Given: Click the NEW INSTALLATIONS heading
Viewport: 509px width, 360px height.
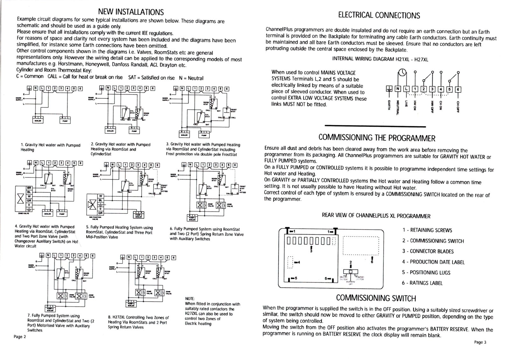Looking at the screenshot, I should click(131, 12).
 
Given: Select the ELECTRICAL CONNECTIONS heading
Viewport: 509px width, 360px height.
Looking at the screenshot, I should click(379, 15).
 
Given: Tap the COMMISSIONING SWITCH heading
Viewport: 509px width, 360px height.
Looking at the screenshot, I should click(376, 298).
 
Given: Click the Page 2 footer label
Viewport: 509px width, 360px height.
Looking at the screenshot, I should click(20, 337).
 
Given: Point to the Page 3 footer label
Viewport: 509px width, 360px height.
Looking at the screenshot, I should click(480, 342).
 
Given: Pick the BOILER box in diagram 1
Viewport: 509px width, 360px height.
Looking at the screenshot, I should click(36, 120).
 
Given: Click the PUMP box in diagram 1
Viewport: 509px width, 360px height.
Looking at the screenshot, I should click(65, 120).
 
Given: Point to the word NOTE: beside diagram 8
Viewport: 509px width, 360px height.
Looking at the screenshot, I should click(190, 299).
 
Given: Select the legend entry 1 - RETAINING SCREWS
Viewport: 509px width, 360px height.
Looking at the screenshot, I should click(427, 230).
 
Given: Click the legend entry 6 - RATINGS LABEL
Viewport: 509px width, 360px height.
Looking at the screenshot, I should click(422, 283).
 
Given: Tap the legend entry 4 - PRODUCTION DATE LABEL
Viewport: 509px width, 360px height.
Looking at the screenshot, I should click(433, 262).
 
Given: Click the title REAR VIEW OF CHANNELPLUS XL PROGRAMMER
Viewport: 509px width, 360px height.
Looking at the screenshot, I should click(376, 216).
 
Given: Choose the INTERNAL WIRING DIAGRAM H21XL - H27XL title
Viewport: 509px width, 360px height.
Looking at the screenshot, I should click(380, 59).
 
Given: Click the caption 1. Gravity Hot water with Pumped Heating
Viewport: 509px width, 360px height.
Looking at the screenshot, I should click(50, 147).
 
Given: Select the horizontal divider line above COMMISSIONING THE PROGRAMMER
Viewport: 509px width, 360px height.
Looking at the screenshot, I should click(375, 127).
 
